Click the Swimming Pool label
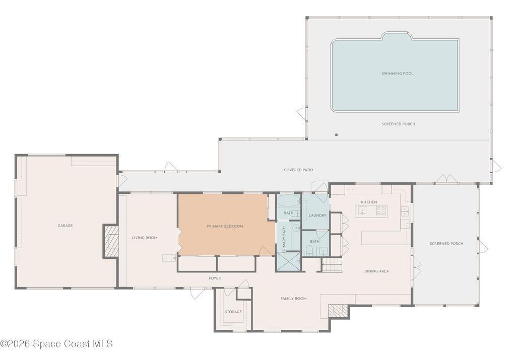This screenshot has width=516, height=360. coord(397,74)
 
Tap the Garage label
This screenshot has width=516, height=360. coord(65,226)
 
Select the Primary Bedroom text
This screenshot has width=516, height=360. coord(225,226)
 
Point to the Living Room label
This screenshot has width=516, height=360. coord(145,238)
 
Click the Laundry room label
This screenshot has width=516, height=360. coord(317,215)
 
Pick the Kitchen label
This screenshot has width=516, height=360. coord(369,202)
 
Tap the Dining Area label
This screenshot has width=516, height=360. coord(376,271)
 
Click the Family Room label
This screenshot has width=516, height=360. coord(293,299)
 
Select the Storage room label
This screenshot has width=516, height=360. coord(233,312)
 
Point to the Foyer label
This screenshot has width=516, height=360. coord(215,278)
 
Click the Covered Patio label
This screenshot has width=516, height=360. coord(298,170)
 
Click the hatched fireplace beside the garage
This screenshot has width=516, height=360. coord(111,242)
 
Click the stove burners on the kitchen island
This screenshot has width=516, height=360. coord(381,210)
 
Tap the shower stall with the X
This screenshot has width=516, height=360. coord(288,262)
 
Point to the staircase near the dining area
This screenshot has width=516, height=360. coord(332,265)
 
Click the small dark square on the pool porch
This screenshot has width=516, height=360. coord(336,134)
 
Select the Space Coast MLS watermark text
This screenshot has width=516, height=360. coord(56,343)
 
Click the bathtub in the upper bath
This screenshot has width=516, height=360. coord(289,201)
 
